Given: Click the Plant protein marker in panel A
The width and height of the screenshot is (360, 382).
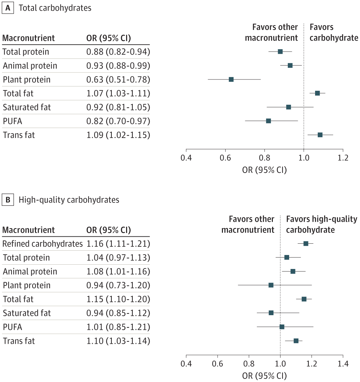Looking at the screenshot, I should pyautogui.click(x=231, y=79).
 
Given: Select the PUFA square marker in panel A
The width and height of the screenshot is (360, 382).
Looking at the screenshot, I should pyautogui.click(x=269, y=121).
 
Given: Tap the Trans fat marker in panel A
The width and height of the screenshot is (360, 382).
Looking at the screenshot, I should pyautogui.click(x=320, y=135).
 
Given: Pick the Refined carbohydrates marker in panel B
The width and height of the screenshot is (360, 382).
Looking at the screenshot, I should pyautogui.click(x=306, y=244).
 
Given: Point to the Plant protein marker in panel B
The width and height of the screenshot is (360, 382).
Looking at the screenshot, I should pyautogui.click(x=271, y=285).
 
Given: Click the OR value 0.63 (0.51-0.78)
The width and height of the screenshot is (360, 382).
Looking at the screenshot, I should pyautogui.click(x=118, y=80).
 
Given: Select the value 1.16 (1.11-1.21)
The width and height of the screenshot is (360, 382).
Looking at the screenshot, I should pyautogui.click(x=118, y=244).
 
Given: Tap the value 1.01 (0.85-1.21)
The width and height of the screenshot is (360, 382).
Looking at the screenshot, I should pyautogui.click(x=118, y=327).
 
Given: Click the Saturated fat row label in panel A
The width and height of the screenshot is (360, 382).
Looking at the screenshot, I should pyautogui.click(x=27, y=107).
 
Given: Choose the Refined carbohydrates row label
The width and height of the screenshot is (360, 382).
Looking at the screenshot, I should pyautogui.click(x=43, y=244).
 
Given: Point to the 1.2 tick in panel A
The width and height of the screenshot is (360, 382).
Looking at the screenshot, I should pyautogui.click(x=343, y=158).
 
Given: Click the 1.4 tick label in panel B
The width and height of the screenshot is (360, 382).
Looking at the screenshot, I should pyautogui.click(x=343, y=364).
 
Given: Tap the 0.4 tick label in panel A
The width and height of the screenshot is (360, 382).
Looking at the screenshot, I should pyautogui.click(x=186, y=158).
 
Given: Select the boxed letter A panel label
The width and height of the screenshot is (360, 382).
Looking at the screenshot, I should pyautogui.click(x=8, y=8).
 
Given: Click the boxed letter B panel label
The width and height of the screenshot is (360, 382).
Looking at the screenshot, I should pyautogui.click(x=8, y=200).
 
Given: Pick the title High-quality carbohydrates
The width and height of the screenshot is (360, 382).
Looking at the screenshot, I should pyautogui.click(x=69, y=200).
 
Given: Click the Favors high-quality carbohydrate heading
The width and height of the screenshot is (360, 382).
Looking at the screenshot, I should pyautogui.click(x=321, y=224).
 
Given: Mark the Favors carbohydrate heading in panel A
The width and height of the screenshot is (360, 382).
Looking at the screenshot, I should pyautogui.click(x=334, y=33).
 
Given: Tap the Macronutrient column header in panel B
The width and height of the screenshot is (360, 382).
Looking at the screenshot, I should pyautogui.click(x=29, y=230).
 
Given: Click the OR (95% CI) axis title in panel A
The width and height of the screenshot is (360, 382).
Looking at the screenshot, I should pyautogui.click(x=265, y=170).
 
